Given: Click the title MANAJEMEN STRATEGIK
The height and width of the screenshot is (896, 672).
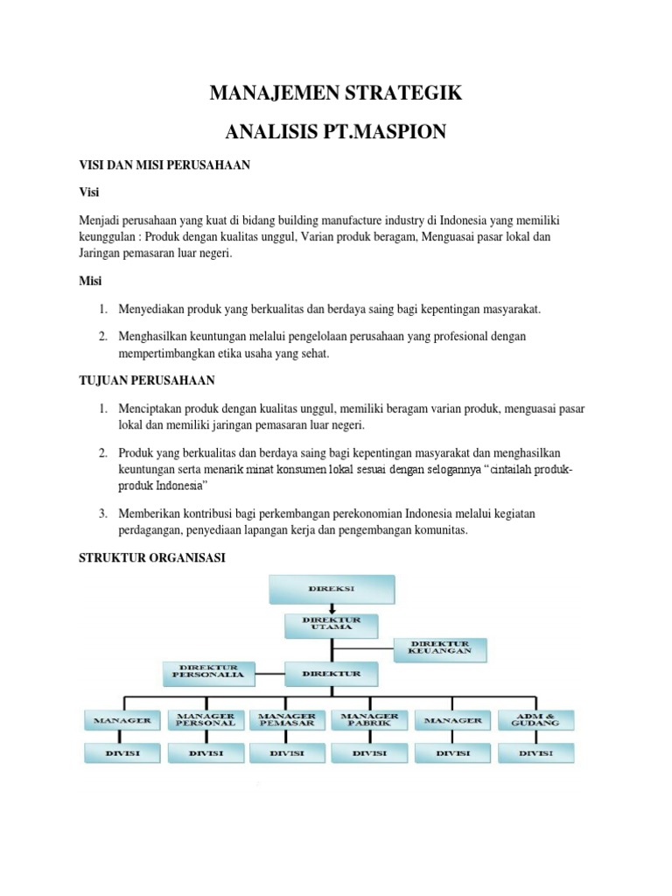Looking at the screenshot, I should coord(337,94).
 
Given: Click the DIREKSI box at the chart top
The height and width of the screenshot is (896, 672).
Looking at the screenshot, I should coord(332,590).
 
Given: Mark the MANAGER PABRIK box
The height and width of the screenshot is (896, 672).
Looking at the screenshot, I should coord(371,720).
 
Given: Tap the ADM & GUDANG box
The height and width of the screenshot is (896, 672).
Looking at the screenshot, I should coord(535,720).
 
